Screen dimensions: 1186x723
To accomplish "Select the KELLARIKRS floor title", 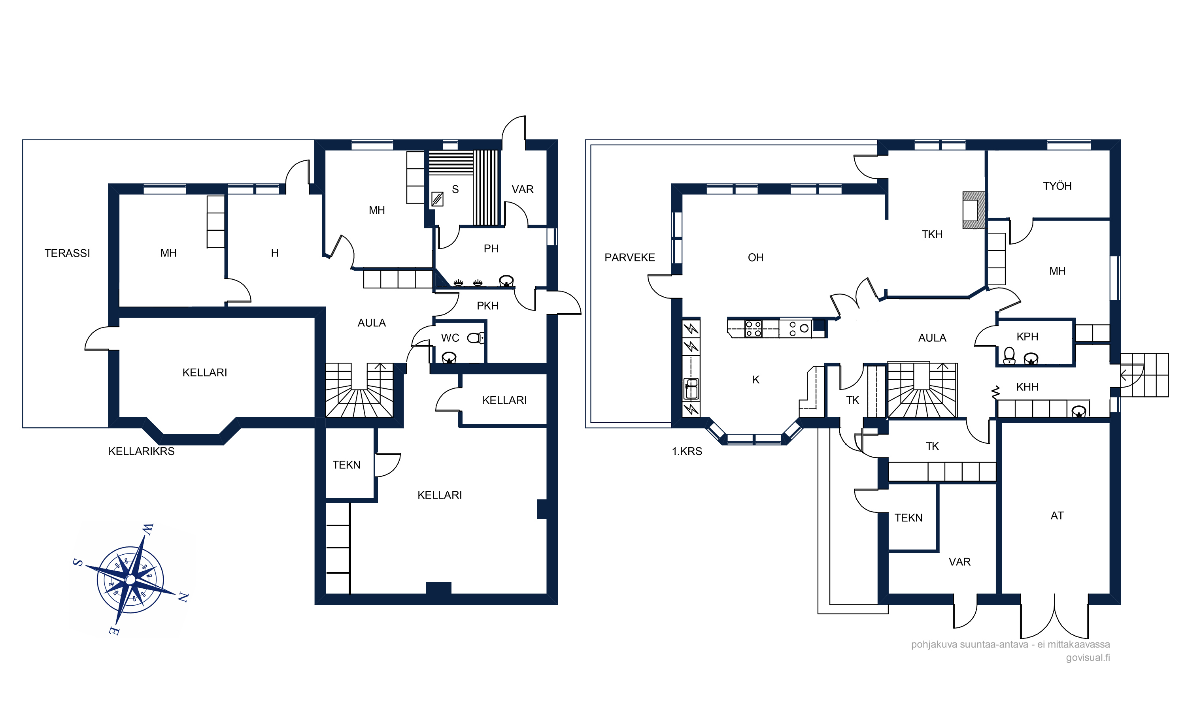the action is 141,452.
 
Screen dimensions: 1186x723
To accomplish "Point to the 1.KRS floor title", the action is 687,452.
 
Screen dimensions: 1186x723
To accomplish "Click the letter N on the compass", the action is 183,598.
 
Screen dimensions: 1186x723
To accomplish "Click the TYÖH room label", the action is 1057,186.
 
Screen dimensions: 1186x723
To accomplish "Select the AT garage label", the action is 1057,516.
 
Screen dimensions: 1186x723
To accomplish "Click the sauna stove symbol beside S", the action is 437,199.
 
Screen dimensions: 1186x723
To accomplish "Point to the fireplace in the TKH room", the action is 974,210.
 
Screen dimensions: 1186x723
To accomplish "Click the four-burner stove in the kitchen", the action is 753,329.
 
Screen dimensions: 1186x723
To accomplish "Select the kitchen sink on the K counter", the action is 691,389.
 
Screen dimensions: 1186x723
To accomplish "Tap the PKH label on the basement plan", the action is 487,306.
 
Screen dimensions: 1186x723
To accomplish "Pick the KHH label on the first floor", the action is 1027,387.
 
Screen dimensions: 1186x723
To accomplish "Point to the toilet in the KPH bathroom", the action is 1009,356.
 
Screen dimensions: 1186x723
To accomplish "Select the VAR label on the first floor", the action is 959,562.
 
